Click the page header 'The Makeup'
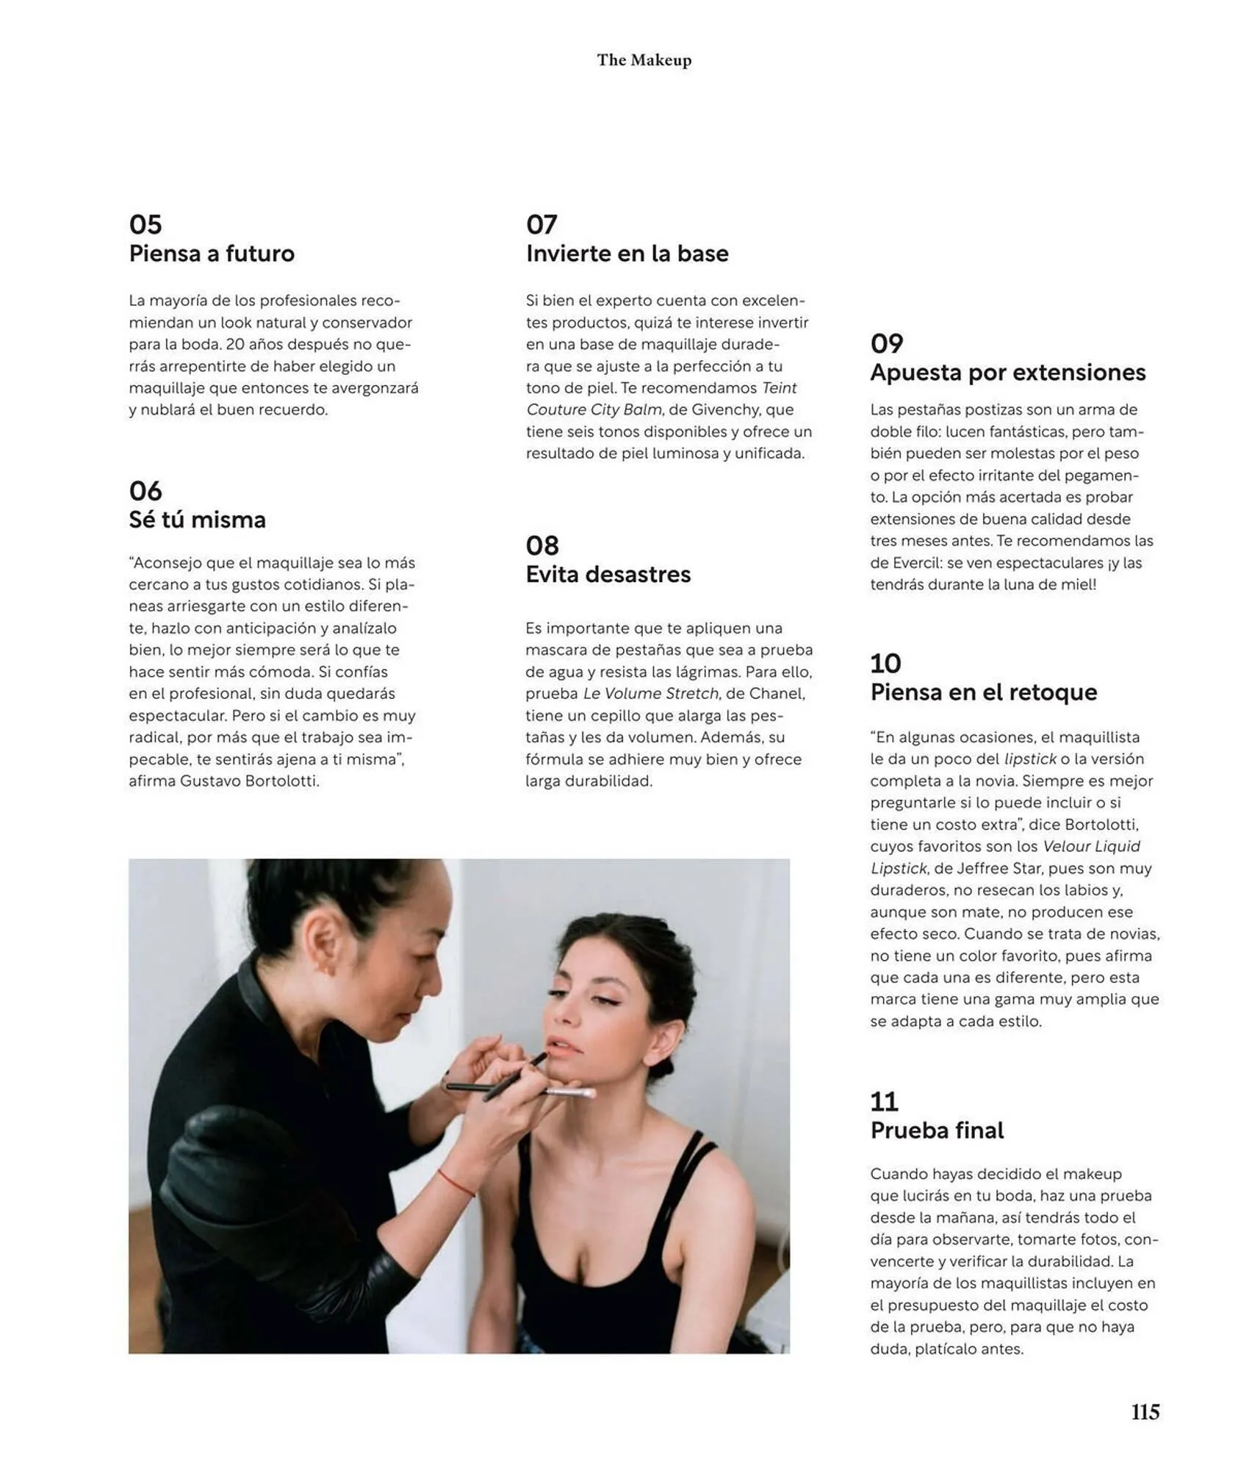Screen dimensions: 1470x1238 (644, 60)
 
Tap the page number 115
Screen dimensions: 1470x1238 (1145, 1412)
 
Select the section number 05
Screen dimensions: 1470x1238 (145, 224)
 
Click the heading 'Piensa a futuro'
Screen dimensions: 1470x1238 (212, 254)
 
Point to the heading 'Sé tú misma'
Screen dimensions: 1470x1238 (197, 520)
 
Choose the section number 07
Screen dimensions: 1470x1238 (541, 224)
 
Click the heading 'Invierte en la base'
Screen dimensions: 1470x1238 (627, 254)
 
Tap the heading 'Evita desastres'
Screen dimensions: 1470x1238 (608, 574)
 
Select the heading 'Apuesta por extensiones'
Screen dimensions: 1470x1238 (1007, 373)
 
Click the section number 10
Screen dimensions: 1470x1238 (885, 663)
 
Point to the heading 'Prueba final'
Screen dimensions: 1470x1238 (937, 1130)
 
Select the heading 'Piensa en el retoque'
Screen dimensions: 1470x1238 (983, 692)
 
